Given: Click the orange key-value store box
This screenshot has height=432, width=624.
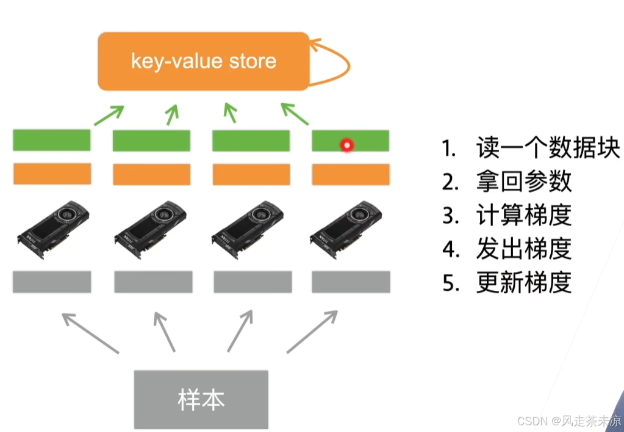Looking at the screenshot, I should [204, 61].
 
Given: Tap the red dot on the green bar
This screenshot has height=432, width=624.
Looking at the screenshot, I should [347, 145].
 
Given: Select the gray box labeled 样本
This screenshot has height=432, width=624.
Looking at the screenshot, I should [201, 399].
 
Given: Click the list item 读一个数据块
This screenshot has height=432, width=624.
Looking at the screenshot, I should [531, 148].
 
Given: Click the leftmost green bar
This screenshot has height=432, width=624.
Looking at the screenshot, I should [51, 140].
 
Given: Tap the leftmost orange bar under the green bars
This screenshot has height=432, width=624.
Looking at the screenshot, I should [52, 174].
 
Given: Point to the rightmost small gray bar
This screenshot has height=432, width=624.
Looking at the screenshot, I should [351, 282].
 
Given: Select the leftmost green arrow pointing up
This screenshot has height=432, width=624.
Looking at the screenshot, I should [109, 115].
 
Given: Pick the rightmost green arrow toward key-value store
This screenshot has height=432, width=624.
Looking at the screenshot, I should [295, 114].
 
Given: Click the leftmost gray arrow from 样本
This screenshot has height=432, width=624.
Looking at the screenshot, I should [90, 332].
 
